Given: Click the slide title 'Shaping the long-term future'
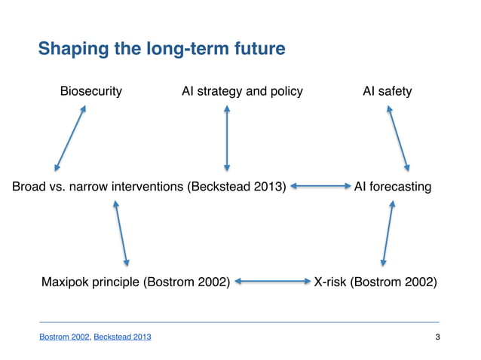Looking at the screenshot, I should click(x=161, y=50).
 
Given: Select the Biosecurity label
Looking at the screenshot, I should click(x=91, y=92).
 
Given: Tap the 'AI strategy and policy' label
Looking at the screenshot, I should click(x=242, y=92).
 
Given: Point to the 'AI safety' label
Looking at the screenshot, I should click(x=387, y=92).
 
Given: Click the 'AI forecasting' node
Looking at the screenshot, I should click(x=393, y=186).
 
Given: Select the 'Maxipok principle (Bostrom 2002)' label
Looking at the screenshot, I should click(x=135, y=282).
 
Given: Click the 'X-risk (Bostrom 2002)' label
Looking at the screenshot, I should click(x=375, y=282).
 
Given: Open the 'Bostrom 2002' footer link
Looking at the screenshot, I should click(x=64, y=336).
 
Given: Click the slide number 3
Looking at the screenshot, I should click(x=438, y=336).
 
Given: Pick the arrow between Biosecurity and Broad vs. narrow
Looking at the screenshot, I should click(x=70, y=139).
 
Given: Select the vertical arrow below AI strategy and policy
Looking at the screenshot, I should click(x=225, y=139).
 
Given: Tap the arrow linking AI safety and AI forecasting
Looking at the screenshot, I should click(x=398, y=139).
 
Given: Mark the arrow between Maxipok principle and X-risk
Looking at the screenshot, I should click(x=271, y=282).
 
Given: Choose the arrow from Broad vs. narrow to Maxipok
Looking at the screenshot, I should click(x=121, y=233).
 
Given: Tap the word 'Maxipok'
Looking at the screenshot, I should click(x=65, y=282).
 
